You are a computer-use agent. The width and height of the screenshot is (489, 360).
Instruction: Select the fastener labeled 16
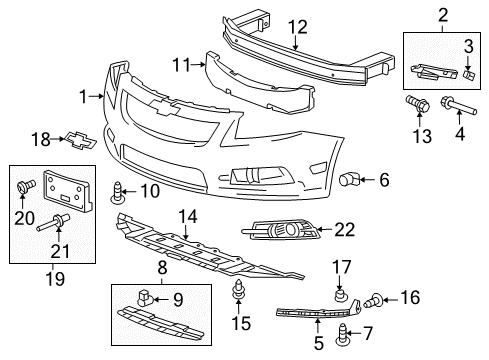(378, 296)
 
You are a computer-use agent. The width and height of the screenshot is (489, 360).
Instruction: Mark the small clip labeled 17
(341, 294)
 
